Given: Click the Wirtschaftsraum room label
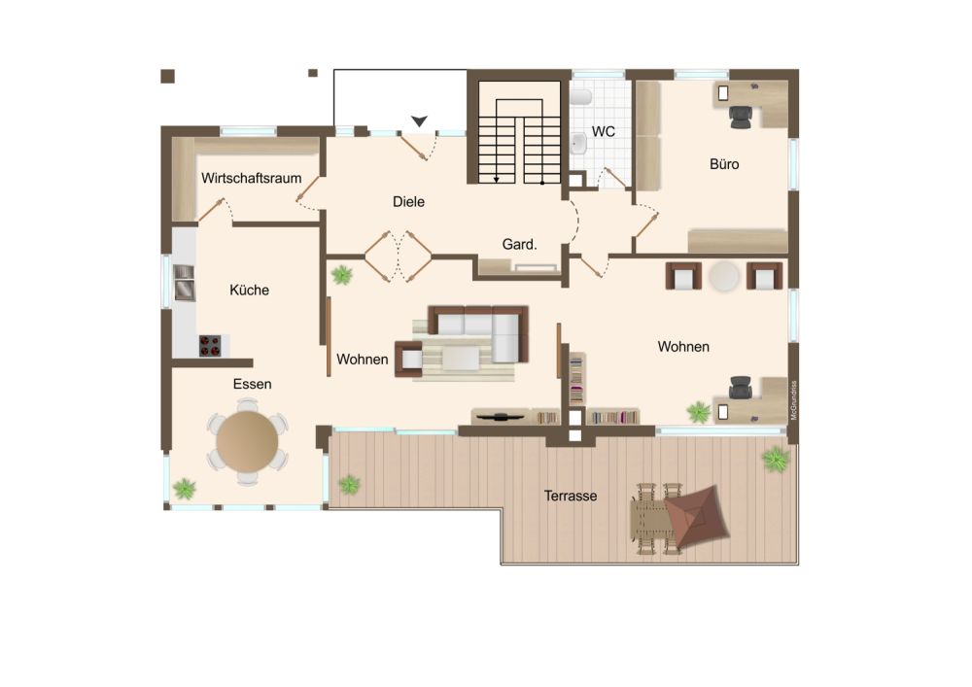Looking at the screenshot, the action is pos(251,179).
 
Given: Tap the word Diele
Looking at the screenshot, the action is pos(408,201).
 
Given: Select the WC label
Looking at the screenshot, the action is pos(604,131).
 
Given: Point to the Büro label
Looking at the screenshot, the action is pos(724,164).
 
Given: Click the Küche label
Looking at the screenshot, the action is pos(249,290).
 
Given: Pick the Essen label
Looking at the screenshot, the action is pos(253,384).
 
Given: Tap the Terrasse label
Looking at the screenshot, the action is pos(571,496).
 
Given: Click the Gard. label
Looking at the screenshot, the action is pos(519,245).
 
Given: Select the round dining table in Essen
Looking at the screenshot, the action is pos(247,442).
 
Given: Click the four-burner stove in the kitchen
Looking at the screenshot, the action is pos(210,346).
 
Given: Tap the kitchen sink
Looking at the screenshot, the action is pos(184,282).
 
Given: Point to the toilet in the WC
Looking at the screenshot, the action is pos(581,97).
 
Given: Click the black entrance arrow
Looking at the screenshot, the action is pos(420,120).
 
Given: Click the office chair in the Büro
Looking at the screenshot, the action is pos(741,117).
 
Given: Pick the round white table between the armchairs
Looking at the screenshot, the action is pos(724,276).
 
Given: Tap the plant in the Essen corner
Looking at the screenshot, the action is pos(184,489).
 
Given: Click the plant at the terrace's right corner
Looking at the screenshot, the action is pos(776,459).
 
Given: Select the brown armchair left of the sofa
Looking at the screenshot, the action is pos(409,359).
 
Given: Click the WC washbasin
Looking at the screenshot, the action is pos(578,144).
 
